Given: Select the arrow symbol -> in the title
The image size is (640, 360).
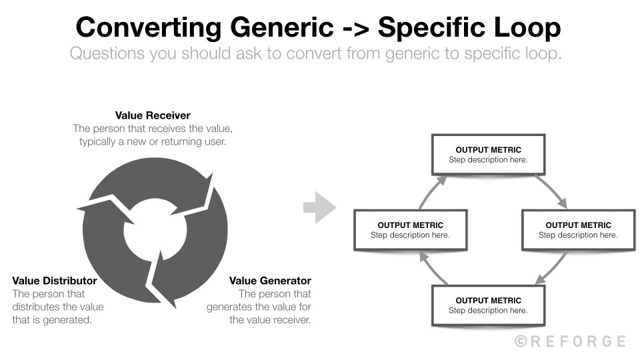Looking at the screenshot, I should coord(355,28).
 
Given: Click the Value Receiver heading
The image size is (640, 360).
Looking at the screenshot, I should coord(153,115).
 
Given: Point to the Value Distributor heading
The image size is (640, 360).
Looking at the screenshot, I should coord(55,281).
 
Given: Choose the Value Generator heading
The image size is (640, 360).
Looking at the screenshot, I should coord(270,281).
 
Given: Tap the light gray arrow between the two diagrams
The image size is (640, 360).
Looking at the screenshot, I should coord(320,208).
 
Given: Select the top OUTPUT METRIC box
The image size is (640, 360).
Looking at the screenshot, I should coord(488,154).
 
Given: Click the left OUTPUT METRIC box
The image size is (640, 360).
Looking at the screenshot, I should coord(410,229).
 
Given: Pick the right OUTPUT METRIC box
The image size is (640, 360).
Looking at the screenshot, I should coord(578,229).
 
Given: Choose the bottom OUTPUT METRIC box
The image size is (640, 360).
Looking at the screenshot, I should coord(488,305).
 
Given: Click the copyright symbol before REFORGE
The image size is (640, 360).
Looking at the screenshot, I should coord(521,341).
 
